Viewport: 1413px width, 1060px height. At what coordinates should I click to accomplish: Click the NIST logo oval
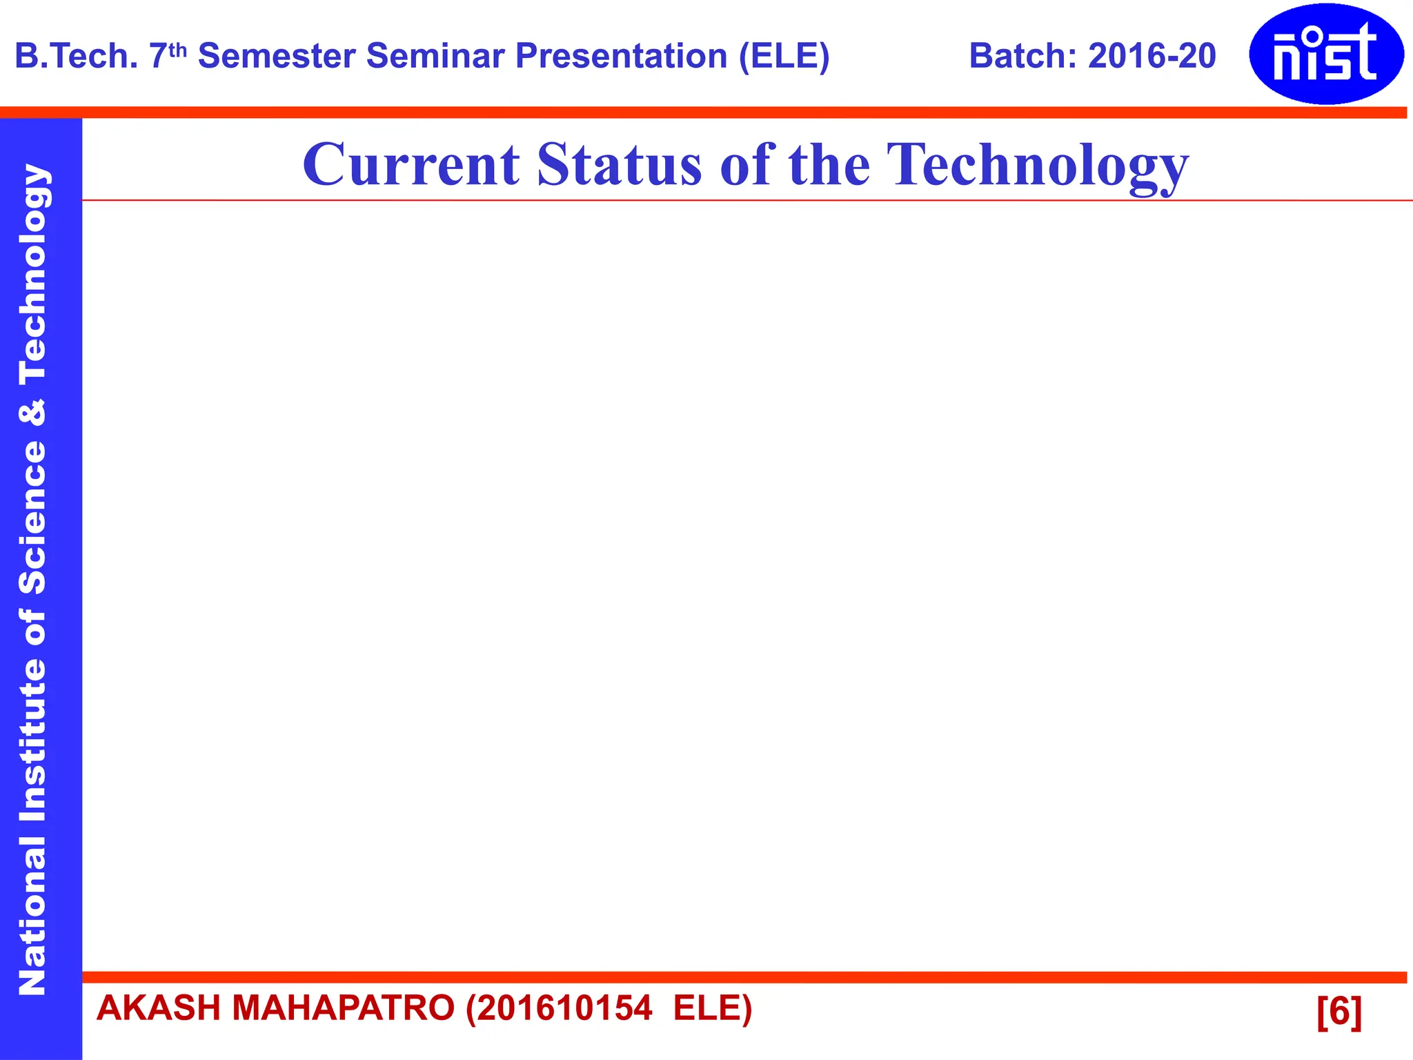click(1325, 54)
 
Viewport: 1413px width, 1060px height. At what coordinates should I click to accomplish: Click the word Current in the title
click(411, 165)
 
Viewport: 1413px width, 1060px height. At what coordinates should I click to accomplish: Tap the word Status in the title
click(618, 165)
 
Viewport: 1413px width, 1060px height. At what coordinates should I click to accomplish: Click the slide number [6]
click(1338, 1012)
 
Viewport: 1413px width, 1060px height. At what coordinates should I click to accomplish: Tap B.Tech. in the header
click(77, 56)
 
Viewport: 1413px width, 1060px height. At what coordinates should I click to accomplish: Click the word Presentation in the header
click(621, 56)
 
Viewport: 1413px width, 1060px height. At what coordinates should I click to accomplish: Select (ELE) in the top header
click(784, 56)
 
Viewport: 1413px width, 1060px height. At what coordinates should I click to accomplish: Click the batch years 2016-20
click(1152, 56)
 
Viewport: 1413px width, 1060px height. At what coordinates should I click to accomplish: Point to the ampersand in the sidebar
click(32, 413)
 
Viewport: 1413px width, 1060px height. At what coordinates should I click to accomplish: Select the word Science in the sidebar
click(32, 517)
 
